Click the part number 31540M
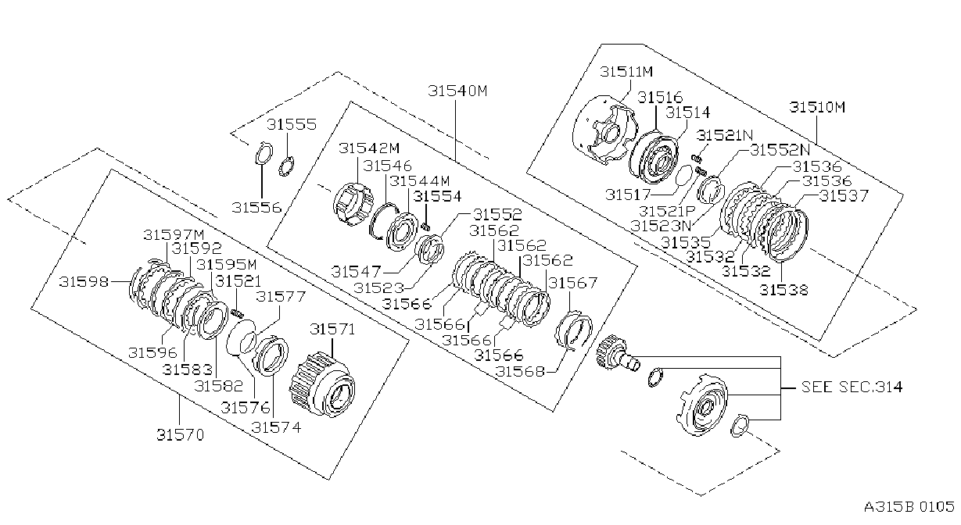(x=457, y=91)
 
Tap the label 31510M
(x=817, y=107)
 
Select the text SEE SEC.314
(x=852, y=387)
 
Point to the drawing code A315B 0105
(x=909, y=507)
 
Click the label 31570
(x=180, y=435)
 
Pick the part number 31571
(x=332, y=329)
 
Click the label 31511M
(x=626, y=72)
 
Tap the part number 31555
(x=292, y=124)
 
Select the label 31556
(x=256, y=208)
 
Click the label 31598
(x=84, y=281)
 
